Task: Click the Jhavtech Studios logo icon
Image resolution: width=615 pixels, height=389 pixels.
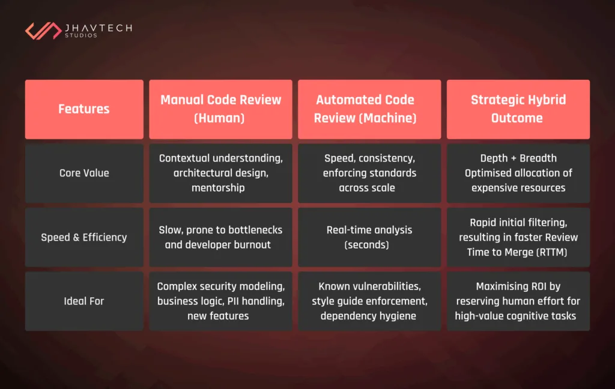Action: [43, 31]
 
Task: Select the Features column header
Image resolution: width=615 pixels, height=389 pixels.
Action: [84, 109]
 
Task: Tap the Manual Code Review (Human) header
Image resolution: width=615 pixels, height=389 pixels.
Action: [220, 109]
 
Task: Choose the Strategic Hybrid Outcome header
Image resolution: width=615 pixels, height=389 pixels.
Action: [518, 109]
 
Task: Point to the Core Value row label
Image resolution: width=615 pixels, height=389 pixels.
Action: [84, 173]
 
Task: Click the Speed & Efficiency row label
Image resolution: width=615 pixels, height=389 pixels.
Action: [84, 237]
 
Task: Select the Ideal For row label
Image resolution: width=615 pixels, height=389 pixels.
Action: [84, 301]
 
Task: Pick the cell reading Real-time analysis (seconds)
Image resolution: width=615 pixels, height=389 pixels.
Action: [369, 237]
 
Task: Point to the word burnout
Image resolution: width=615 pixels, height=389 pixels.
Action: [250, 245]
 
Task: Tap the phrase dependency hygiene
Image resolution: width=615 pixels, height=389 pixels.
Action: [368, 316]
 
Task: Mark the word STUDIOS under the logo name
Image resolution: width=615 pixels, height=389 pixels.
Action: [80, 36]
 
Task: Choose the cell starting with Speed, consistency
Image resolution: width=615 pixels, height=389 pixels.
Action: [369, 173]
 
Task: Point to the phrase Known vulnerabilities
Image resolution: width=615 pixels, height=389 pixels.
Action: [369, 287]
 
